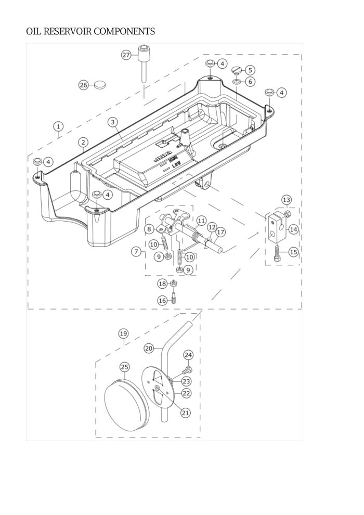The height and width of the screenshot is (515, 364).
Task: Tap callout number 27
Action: click(126, 55)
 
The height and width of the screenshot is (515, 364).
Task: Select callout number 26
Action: click(84, 85)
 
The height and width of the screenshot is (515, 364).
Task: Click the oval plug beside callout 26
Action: click(99, 84)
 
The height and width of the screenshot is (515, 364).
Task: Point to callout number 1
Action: click(59, 126)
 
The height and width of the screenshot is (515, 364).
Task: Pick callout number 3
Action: click(112, 122)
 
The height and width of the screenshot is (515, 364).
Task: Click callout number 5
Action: click(250, 70)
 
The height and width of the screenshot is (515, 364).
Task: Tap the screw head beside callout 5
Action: click(236, 70)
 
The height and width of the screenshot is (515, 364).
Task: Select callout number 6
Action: click(250, 81)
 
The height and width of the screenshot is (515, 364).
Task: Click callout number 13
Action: click(287, 199)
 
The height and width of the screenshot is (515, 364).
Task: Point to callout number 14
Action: click(293, 229)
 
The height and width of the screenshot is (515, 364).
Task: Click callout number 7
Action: click(136, 252)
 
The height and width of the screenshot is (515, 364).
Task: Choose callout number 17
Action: click(220, 232)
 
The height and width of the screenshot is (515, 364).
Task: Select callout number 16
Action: click(163, 300)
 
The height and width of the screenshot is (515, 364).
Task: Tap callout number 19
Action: click(123, 333)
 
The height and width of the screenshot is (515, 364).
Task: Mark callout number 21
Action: click(186, 412)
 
